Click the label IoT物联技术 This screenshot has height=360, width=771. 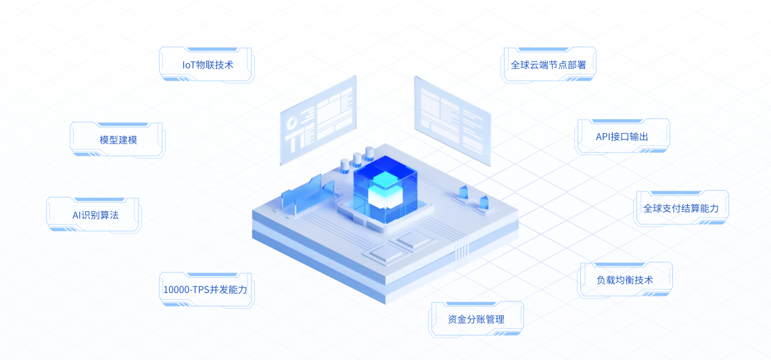click(206, 64)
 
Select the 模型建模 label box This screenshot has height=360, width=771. click(118, 139)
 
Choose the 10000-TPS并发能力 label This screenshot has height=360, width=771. click(205, 290)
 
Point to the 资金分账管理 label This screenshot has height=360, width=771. click(476, 319)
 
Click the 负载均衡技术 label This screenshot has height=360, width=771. click(624, 280)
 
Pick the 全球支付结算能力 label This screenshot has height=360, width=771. click(680, 208)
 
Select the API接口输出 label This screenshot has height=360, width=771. click(622, 137)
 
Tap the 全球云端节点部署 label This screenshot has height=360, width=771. click(548, 64)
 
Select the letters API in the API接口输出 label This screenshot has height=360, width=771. click(603, 137)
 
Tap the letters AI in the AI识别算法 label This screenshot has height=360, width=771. click(75, 215)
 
